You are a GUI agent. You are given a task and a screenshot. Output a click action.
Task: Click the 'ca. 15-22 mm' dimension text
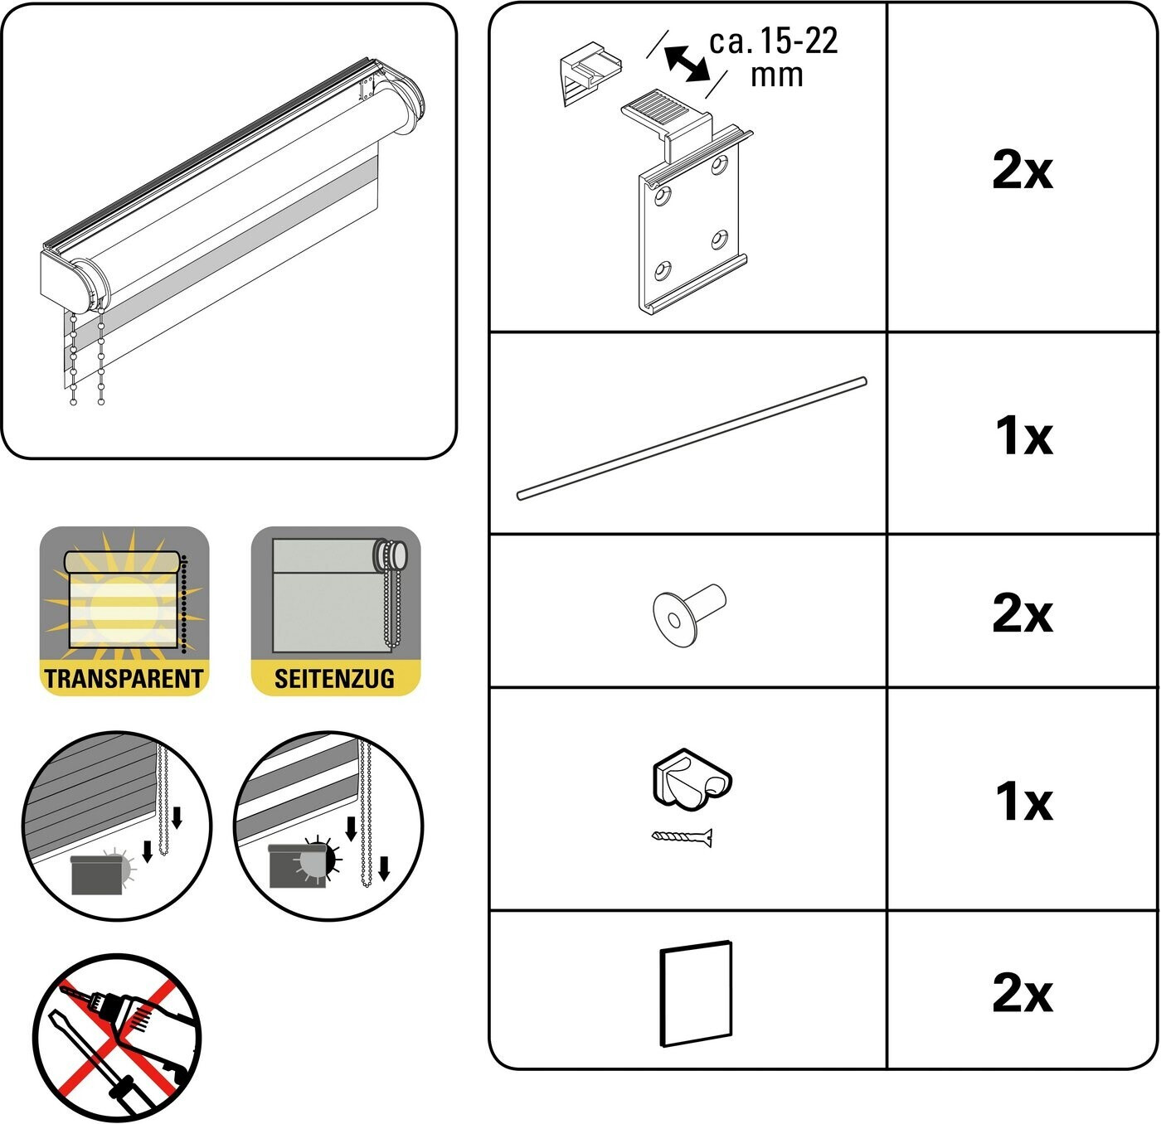pyautogui.click(x=773, y=58)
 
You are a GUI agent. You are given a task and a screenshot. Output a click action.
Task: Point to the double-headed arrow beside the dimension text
pyautogui.click(x=687, y=64)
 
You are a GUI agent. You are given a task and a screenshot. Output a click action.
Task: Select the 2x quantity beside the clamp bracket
pyautogui.click(x=1023, y=171)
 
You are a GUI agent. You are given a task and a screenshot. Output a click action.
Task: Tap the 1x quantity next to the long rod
pyautogui.click(x=1024, y=435)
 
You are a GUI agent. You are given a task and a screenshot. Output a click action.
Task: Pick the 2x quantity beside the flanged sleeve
pyautogui.click(x=1023, y=613)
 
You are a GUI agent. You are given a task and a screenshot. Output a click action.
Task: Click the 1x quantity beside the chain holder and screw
pyautogui.click(x=1024, y=802)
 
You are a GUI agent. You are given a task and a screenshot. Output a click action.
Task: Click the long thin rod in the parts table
pyautogui.click(x=692, y=438)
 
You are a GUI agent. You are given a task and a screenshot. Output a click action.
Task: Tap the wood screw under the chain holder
pyautogui.click(x=683, y=838)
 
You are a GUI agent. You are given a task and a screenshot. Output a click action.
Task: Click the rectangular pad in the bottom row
pyautogui.click(x=696, y=994)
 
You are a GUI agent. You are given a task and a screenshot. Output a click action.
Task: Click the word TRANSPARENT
pyautogui.click(x=124, y=679)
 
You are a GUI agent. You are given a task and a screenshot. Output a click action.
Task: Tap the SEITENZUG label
pyautogui.click(x=334, y=679)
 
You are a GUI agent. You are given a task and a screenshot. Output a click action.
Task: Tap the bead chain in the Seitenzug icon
pyautogui.click(x=392, y=595)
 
